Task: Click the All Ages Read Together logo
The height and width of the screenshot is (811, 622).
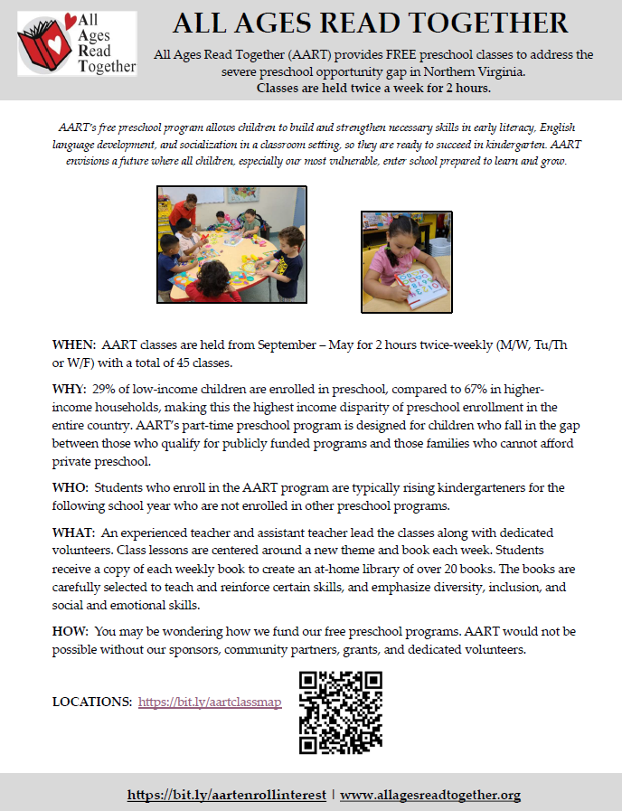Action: click(77, 43)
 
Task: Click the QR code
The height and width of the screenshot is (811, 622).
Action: click(341, 712)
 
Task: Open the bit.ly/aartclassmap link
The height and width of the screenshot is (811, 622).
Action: click(210, 702)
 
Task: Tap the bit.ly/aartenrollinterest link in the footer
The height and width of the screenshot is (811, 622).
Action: click(227, 795)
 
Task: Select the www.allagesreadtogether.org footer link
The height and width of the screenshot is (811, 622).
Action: click(430, 795)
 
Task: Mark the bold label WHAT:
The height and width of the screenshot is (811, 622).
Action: click(73, 533)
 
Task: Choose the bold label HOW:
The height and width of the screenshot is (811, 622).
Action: click(71, 631)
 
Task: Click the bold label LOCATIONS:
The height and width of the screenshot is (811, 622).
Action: click(92, 702)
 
